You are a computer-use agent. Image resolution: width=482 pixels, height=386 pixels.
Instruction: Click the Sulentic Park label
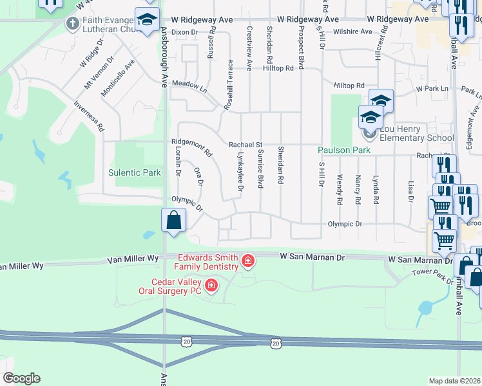point(134,172)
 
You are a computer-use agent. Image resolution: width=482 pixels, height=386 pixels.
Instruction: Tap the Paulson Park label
point(344,151)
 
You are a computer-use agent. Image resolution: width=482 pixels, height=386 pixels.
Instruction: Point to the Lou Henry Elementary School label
point(412,133)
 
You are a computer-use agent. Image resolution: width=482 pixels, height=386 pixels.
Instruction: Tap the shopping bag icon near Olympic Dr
point(174,220)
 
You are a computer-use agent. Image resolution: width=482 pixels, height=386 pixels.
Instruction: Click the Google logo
point(21,378)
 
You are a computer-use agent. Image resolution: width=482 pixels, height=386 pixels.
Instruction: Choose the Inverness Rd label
point(89,116)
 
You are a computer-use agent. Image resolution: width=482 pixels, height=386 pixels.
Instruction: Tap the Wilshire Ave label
point(353,32)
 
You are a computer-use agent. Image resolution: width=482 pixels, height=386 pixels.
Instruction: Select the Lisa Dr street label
point(410,191)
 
